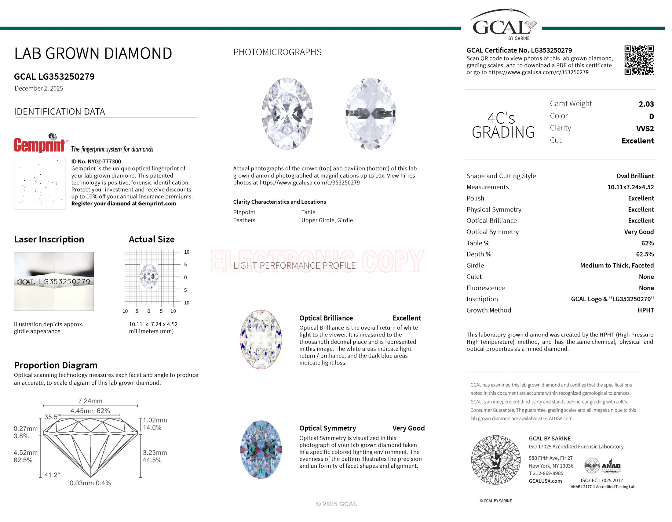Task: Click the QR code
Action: [639, 60]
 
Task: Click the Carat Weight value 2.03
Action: [646, 104]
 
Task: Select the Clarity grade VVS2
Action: [645, 129]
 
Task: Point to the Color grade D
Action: [651, 116]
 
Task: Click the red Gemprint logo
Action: [39, 144]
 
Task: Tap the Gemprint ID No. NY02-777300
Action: [96, 161]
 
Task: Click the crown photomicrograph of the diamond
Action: [287, 114]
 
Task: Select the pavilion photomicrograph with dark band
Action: [371, 114]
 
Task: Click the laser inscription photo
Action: [54, 281]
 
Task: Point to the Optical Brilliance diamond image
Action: [261, 339]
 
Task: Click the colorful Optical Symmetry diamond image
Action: [261, 449]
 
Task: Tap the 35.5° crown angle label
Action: [51, 417]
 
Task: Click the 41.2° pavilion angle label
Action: [52, 475]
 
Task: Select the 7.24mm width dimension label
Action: [90, 401]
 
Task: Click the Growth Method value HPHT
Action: [645, 310]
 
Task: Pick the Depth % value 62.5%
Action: [645, 254]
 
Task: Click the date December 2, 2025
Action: [39, 89]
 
